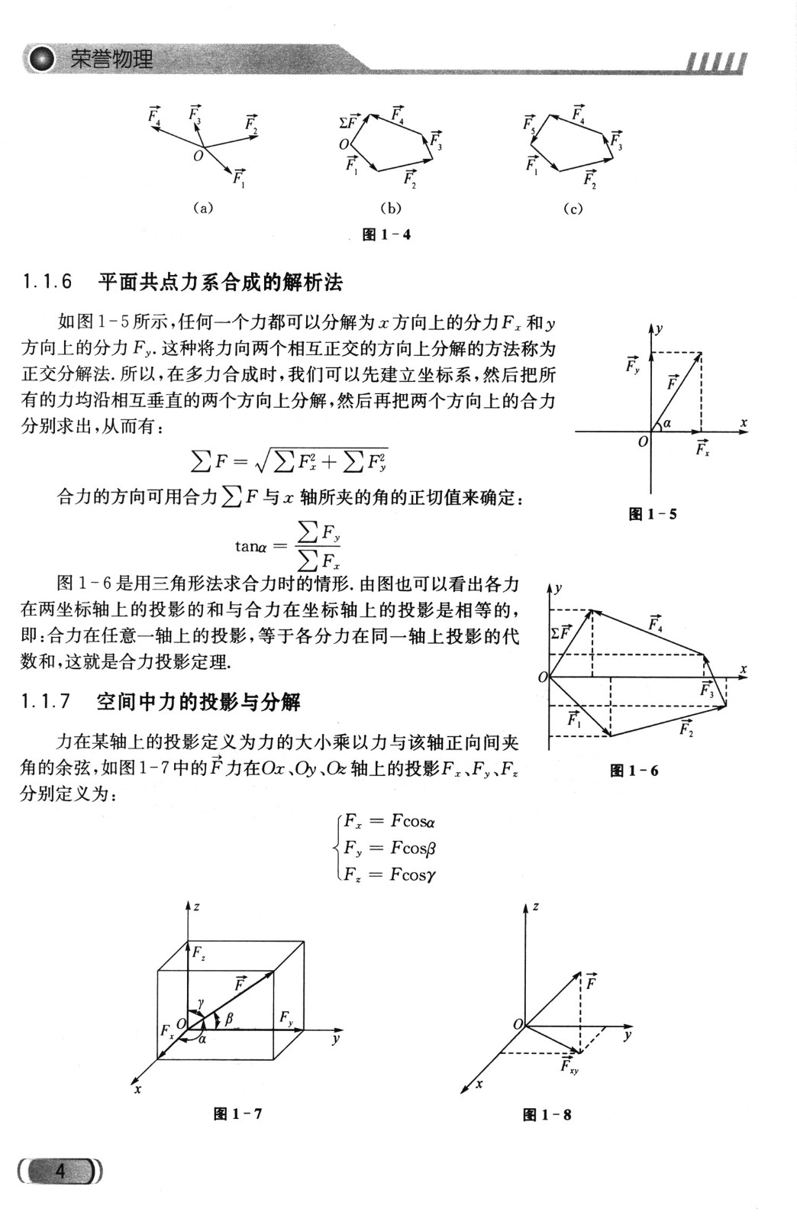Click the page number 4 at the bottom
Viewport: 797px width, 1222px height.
[x=60, y=1170]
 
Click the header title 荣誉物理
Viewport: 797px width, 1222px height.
[x=111, y=60]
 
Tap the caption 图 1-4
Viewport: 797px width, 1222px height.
[x=386, y=234]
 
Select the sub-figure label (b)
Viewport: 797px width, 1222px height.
[x=390, y=208]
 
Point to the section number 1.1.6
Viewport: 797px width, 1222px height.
[x=47, y=282]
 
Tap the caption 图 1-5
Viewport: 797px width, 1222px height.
[x=652, y=514]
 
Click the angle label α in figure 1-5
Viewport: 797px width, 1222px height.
[x=666, y=422]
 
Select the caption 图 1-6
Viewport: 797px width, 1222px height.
[x=634, y=771]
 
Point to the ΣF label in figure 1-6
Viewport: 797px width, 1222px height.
[x=560, y=632]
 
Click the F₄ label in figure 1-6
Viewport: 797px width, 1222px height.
[x=655, y=623]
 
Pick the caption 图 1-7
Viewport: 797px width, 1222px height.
[x=237, y=1114]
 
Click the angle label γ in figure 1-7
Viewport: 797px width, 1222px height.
[x=200, y=1001]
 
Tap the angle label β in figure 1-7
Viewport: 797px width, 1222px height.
[x=228, y=1018]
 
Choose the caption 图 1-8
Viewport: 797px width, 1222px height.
[x=547, y=1114]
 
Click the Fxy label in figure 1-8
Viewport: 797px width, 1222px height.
[x=569, y=1065]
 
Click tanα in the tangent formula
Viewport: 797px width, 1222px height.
[x=250, y=545]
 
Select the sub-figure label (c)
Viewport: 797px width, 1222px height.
[x=573, y=208]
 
